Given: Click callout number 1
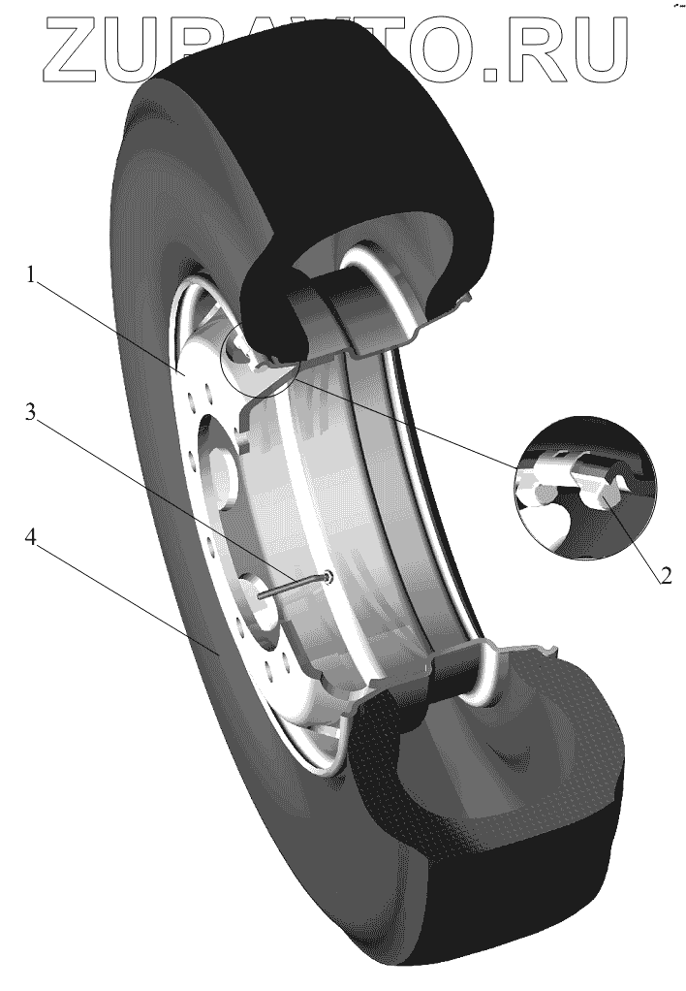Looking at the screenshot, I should [x=31, y=277].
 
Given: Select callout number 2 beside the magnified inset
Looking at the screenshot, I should [x=666, y=574].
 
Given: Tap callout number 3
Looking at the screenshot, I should [x=31, y=413].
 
